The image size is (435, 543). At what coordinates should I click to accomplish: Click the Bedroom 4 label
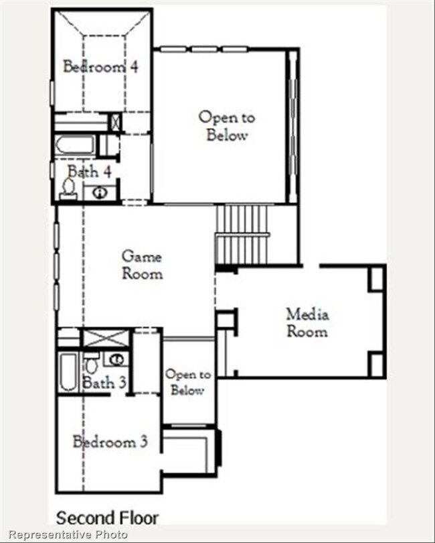(101, 66)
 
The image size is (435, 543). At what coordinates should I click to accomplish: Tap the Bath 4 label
(89, 172)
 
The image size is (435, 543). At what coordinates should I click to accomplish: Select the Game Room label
(142, 265)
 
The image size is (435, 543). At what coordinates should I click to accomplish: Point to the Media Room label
(307, 322)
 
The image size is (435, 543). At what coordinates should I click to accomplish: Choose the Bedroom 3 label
(110, 442)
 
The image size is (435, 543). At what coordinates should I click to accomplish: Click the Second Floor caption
(107, 518)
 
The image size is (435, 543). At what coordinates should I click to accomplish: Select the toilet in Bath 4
(68, 188)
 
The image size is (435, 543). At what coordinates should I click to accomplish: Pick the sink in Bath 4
(100, 193)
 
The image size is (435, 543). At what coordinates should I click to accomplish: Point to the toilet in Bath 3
(90, 365)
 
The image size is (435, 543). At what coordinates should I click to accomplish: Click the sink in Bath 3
(116, 359)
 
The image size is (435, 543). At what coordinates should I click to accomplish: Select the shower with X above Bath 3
(103, 337)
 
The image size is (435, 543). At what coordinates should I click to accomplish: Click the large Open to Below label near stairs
(227, 126)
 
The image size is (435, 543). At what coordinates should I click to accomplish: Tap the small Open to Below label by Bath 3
(188, 383)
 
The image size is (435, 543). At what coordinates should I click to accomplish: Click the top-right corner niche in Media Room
(376, 278)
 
